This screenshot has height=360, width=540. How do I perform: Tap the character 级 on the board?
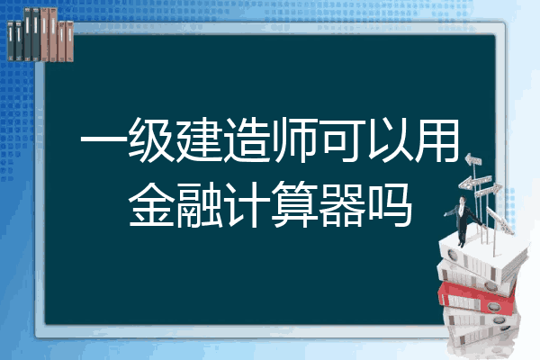pos(151,140)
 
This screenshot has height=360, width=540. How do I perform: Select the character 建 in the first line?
pos(199,140)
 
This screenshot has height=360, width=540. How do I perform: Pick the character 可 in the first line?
pos(342,140)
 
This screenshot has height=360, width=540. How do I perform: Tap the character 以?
pos(390,140)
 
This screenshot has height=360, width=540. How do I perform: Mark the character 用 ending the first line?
pos(436,140)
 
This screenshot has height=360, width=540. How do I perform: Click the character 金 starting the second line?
pos(151,204)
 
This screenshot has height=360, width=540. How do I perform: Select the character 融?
pos(199,204)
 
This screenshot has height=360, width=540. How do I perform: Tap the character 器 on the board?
pos(342,204)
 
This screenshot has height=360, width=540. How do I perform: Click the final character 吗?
pos(390,204)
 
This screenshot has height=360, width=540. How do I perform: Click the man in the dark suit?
pos(463,220)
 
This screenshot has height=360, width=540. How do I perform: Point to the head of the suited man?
pos(463,200)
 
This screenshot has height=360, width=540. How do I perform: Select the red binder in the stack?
pos(478,297)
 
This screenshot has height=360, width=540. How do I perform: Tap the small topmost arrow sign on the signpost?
pos(473,160)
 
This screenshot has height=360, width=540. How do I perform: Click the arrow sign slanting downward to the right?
pos(500,221)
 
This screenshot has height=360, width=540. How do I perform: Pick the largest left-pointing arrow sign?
pos(475,182)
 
